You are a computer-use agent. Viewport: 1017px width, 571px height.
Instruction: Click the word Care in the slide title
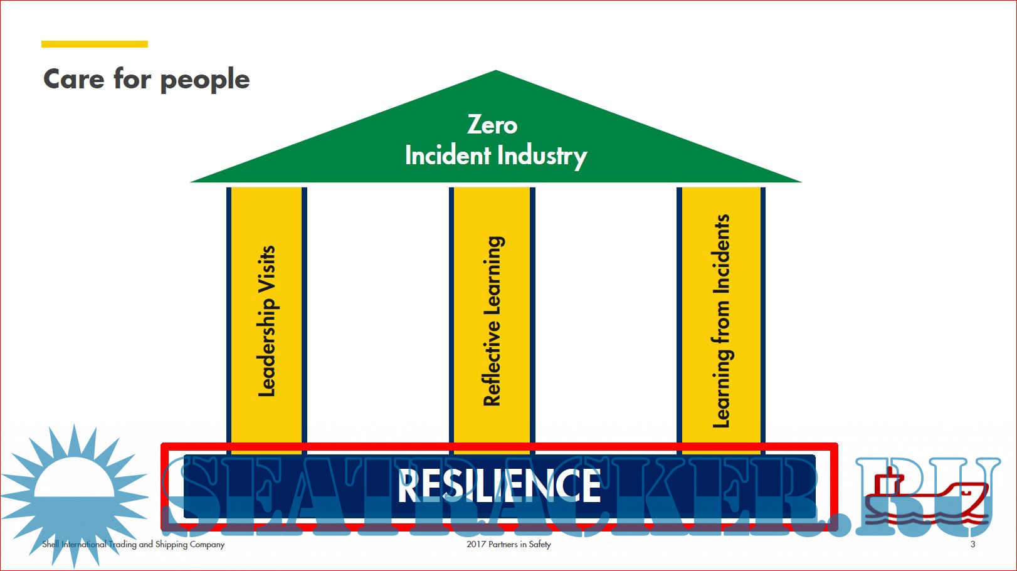74,80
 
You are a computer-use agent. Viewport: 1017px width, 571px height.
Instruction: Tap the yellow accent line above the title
95,44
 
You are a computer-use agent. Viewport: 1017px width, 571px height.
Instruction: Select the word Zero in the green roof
492,125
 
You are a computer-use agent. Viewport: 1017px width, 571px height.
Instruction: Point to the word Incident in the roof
448,155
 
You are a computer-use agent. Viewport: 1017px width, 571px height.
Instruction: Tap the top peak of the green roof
496,73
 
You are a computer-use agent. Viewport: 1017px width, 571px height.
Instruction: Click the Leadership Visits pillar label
266,321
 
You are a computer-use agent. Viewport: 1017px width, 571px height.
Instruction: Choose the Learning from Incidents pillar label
721,321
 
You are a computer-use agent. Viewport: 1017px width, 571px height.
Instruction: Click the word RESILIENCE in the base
499,486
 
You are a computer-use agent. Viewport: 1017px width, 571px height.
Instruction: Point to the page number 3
972,544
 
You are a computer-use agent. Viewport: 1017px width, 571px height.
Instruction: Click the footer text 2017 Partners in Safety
508,544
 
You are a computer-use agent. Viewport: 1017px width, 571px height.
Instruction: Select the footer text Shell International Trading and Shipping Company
133,544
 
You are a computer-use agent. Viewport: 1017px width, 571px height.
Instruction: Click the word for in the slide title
132,80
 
